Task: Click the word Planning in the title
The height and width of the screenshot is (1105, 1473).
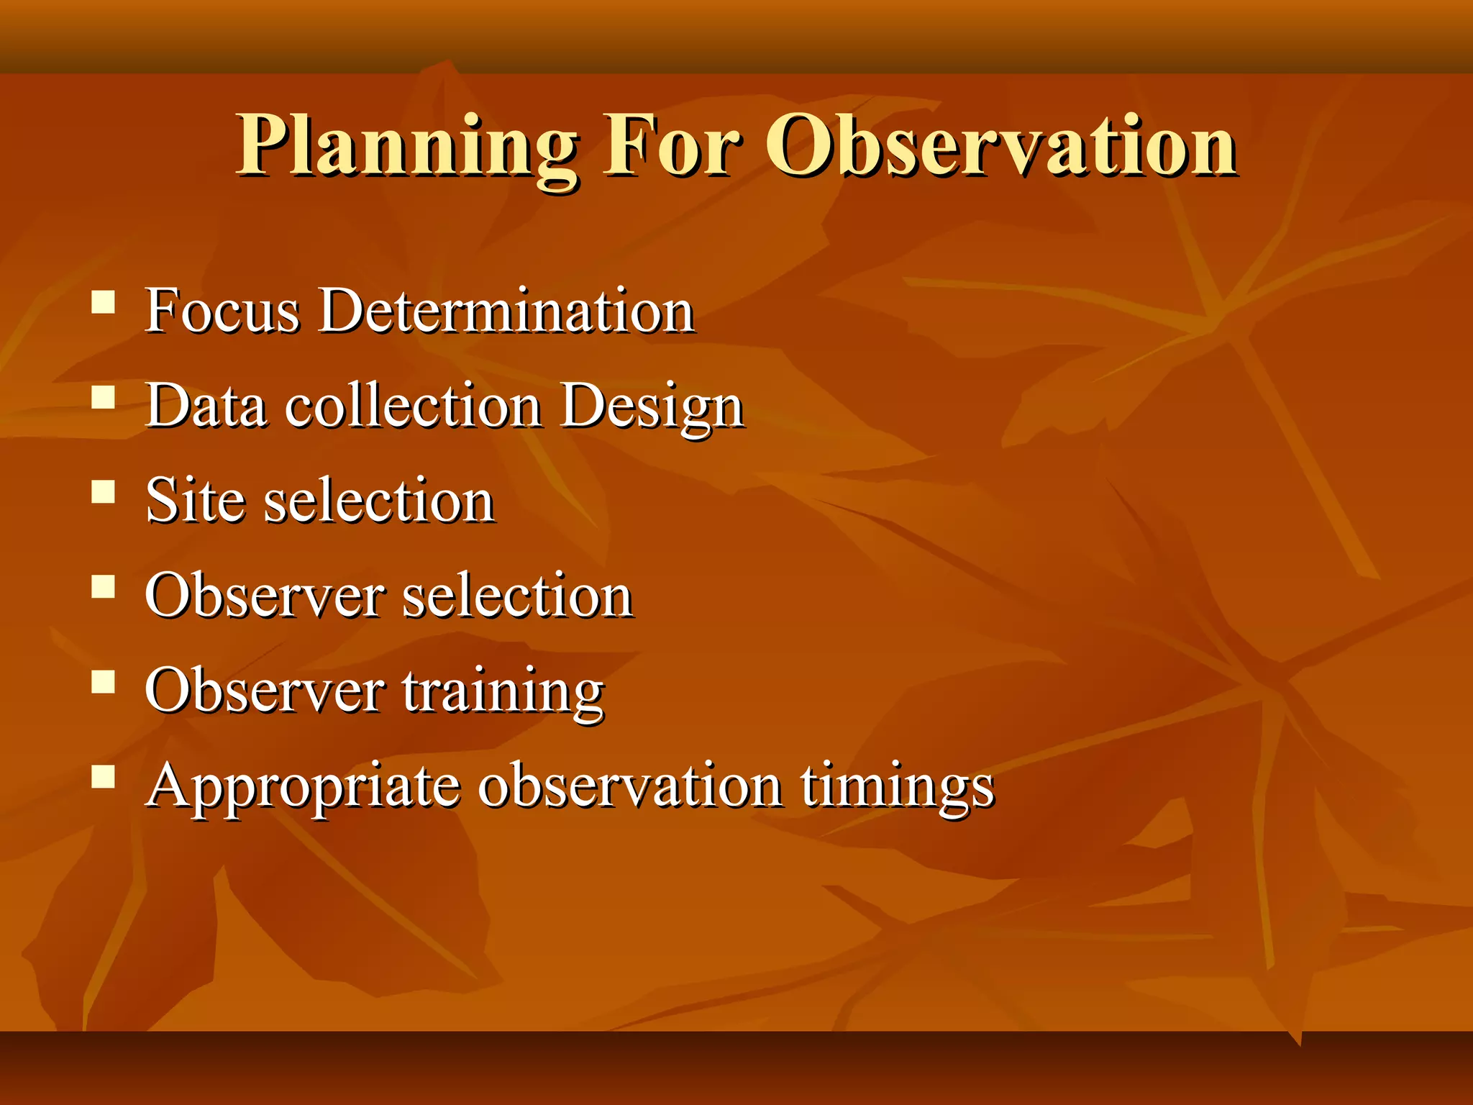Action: [407, 147]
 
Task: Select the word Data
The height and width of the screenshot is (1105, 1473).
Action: [206, 406]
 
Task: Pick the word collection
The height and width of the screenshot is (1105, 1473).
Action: [414, 406]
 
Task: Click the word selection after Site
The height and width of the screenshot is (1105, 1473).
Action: [379, 501]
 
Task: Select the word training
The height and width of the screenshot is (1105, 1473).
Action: [503, 692]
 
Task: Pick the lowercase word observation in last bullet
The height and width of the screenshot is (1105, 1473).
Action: [630, 785]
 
